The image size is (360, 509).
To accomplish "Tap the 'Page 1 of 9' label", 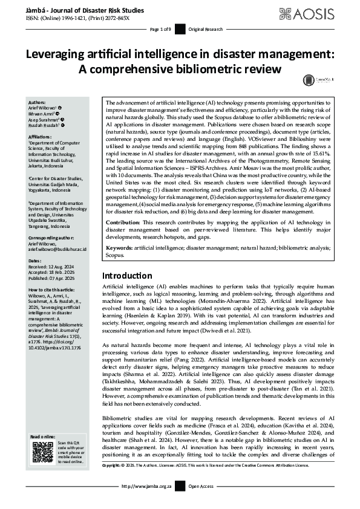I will pyautogui.click(x=161, y=30).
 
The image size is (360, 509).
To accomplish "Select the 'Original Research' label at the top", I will pyautogui.click(x=206, y=30).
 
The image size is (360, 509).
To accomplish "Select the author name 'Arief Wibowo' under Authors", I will pyautogui.click(x=45, y=108).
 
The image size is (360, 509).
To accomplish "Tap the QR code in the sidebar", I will pyautogui.click(x=42, y=453).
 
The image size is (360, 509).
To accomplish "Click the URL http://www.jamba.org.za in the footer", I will pyautogui.click(x=146, y=502).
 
